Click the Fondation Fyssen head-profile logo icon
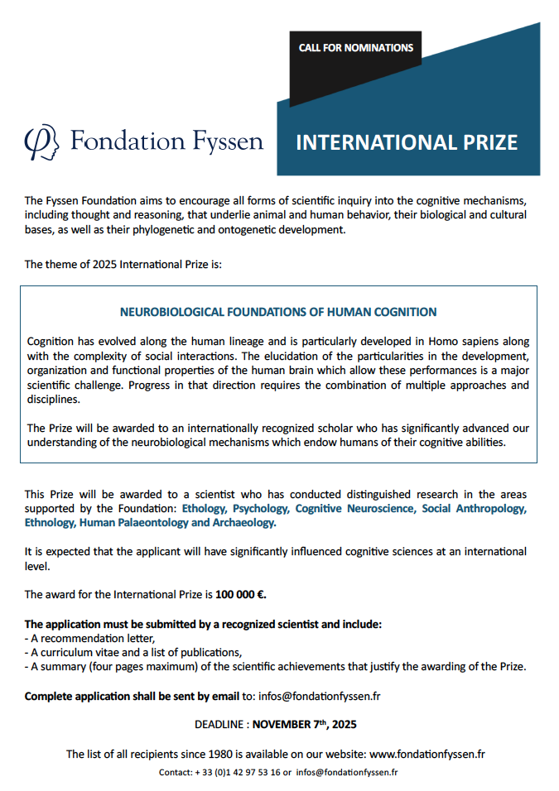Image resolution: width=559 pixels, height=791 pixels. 41,142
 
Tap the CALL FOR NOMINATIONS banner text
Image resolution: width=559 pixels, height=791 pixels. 356,48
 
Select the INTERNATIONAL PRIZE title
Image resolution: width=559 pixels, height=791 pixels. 407,142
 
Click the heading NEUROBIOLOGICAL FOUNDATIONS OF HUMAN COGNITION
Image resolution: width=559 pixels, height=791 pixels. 278,312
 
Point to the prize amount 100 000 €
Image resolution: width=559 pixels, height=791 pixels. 241,594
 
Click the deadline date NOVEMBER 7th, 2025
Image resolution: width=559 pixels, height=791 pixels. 305,724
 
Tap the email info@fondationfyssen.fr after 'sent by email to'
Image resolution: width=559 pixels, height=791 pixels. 320,696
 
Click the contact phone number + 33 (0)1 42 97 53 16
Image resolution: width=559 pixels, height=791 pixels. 237,772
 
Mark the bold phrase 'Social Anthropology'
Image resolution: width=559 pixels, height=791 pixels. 474,509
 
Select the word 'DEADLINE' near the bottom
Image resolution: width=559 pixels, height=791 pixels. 219,724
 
